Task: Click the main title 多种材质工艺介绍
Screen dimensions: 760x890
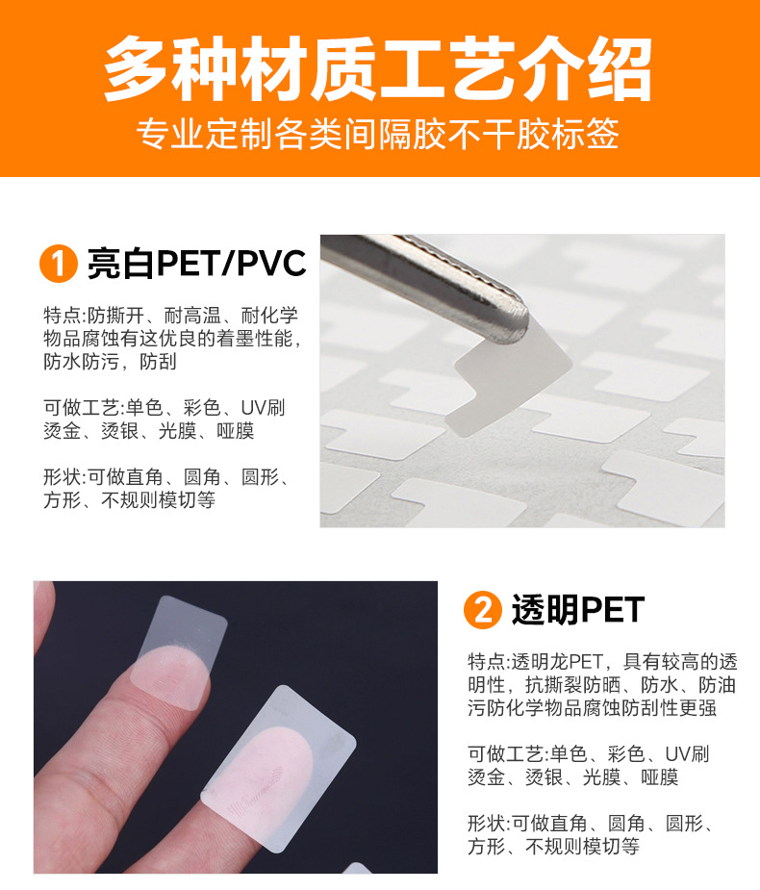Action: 378,68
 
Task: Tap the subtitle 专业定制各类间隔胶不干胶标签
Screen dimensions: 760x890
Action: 377,134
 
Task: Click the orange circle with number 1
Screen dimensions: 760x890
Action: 59,264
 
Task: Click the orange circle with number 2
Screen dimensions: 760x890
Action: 482,610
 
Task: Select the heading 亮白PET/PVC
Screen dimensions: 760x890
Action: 196,264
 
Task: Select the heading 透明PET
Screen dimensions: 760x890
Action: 578,610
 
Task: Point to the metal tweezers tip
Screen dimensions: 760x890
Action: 514,323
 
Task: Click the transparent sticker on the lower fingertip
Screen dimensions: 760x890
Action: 279,769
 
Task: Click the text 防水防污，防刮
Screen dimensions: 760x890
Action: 110,362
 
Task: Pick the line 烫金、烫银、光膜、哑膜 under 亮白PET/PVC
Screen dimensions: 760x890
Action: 149,431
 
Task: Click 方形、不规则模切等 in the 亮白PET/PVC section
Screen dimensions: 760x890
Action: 130,500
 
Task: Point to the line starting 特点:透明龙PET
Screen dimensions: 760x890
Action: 602,661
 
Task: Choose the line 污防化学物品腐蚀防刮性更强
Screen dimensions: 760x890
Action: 592,708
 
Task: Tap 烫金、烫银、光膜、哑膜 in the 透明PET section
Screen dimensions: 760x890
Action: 572,777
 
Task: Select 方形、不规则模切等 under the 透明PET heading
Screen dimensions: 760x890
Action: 553,847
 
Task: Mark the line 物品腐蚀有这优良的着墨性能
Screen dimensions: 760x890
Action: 172,339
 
